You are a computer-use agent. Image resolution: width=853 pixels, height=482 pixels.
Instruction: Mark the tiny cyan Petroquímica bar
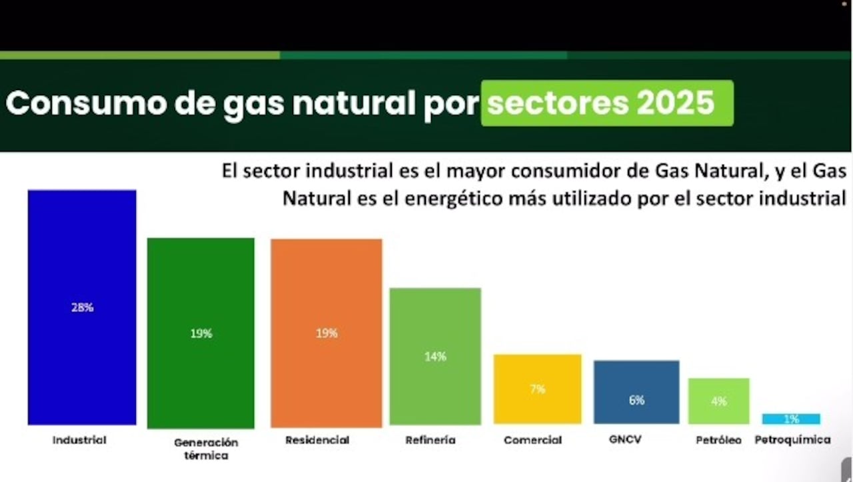(791, 419)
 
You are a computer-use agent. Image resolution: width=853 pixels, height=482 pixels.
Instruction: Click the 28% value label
(83, 308)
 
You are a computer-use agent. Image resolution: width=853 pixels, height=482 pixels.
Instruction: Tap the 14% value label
(435, 357)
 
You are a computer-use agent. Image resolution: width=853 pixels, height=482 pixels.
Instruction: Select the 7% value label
(538, 389)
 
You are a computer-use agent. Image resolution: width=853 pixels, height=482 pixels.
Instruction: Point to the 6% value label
(636, 400)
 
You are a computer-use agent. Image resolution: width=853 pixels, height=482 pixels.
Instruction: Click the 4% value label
(719, 401)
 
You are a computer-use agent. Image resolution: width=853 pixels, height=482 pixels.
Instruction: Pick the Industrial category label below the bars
(79, 440)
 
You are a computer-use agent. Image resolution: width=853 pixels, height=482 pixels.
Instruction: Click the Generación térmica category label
(206, 449)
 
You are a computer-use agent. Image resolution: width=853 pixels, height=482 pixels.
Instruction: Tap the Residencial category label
(317, 440)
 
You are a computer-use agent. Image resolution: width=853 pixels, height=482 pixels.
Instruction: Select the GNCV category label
(625, 440)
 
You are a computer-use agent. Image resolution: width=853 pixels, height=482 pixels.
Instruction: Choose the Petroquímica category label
(792, 440)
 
